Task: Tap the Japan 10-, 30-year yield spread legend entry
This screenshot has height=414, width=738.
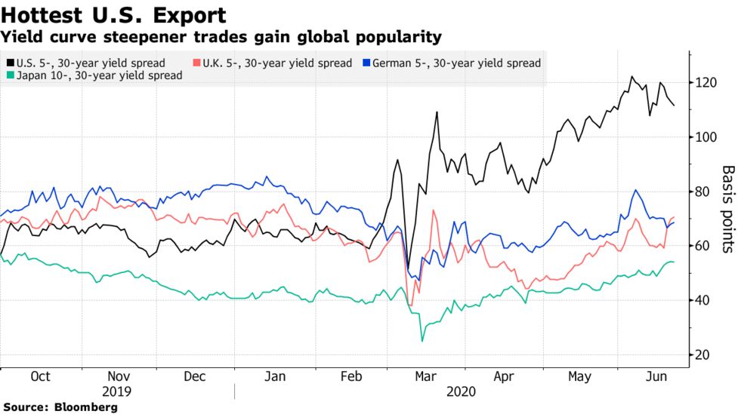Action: pos(99,75)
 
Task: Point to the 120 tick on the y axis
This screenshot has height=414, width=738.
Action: pos(706,82)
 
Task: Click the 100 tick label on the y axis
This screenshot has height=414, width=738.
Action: pos(706,136)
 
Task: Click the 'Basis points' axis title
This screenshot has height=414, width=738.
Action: pos(727,209)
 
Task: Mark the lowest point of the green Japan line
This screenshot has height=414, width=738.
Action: pos(421,341)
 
